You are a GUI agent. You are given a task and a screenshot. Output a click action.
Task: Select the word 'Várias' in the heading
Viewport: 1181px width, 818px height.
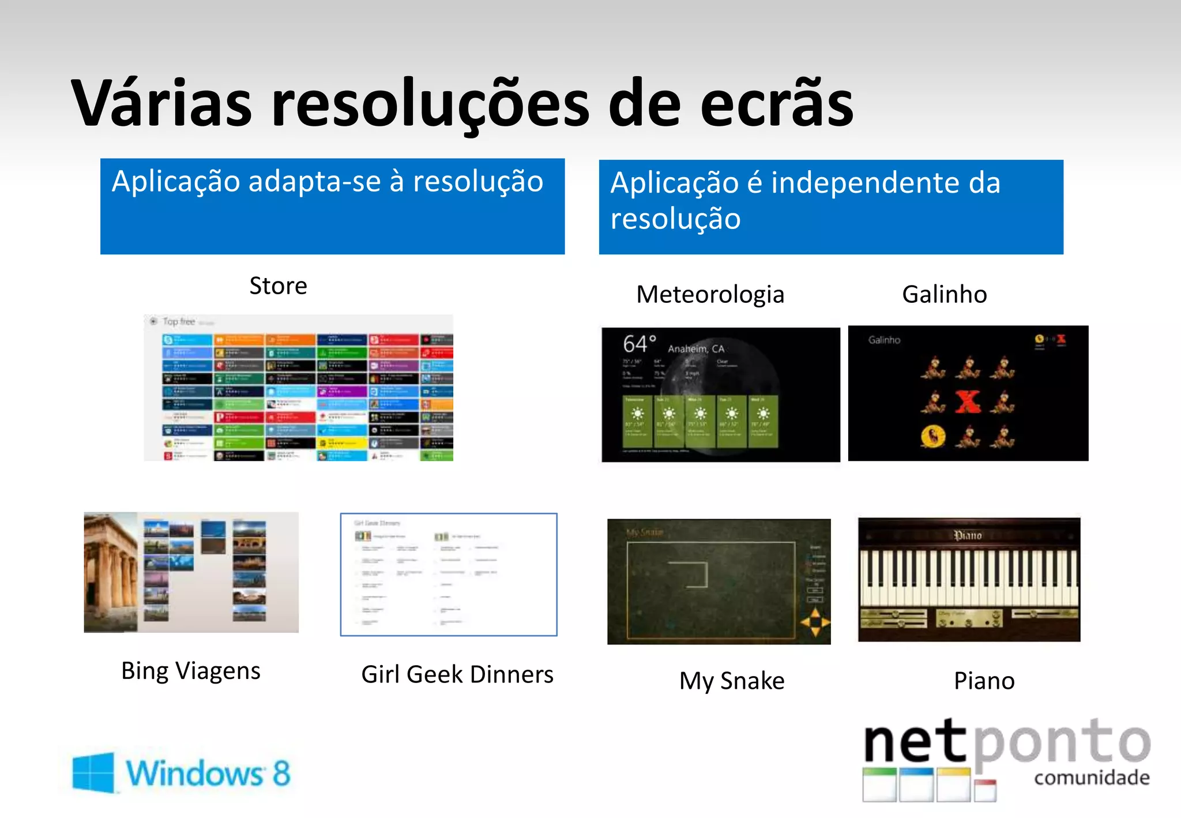pos(161,104)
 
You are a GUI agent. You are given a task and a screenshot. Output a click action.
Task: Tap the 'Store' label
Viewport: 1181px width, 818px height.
pos(278,286)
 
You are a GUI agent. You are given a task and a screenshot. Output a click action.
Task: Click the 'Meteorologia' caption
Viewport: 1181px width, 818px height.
pos(710,295)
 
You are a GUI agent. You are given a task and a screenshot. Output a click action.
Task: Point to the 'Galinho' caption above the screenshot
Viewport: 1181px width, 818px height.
pos(944,294)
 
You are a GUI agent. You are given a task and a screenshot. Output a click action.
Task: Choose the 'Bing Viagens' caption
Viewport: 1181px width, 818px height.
pos(190,671)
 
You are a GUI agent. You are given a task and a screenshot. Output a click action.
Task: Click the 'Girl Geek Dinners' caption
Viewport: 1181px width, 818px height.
pos(457,674)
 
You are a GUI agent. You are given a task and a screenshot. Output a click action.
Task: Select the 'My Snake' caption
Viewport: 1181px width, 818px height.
pos(731,681)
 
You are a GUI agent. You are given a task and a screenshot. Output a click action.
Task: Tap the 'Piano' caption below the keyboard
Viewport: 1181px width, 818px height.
pos(984,681)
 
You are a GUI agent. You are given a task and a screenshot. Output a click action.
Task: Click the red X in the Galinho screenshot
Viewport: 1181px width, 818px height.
pos(968,402)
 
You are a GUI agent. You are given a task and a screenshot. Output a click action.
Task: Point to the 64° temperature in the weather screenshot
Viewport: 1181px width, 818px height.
pos(639,344)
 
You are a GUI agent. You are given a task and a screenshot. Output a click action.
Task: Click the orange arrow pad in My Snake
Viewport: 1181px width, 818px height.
pos(815,622)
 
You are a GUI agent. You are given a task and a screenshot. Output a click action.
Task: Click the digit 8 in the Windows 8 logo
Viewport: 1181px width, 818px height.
pos(281,773)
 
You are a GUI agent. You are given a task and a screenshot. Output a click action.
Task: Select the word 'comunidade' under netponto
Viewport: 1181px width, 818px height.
pos(1092,778)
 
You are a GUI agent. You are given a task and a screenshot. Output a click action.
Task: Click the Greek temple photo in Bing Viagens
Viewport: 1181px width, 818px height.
pos(111,572)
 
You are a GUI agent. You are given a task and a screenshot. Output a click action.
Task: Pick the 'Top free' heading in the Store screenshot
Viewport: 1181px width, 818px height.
pos(179,321)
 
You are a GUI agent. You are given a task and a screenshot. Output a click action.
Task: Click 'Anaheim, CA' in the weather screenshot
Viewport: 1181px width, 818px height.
pos(696,348)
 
